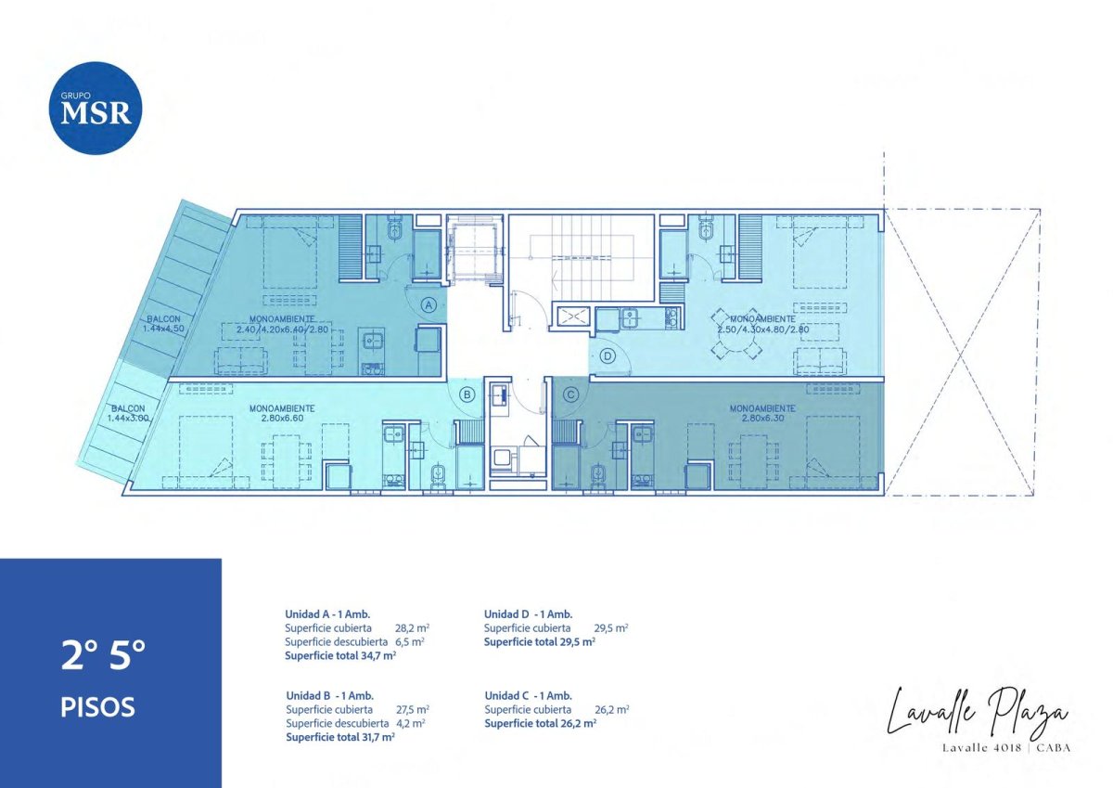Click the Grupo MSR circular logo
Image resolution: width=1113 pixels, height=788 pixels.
pyautogui.click(x=96, y=108)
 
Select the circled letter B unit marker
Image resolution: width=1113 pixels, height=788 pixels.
pyautogui.click(x=467, y=394)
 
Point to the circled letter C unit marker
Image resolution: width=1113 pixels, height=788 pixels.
pyautogui.click(x=571, y=394)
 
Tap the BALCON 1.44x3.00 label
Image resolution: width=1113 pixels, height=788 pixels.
pyautogui.click(x=128, y=414)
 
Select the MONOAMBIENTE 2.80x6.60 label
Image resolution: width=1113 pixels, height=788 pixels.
pyautogui.click(x=281, y=413)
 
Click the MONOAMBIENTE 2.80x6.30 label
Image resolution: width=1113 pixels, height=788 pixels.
pyautogui.click(x=761, y=413)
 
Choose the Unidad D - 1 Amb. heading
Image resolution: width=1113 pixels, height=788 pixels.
pyautogui.click(x=528, y=614)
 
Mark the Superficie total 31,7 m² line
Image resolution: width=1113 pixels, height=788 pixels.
pyautogui.click(x=340, y=737)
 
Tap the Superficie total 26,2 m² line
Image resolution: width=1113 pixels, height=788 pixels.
pyautogui.click(x=540, y=723)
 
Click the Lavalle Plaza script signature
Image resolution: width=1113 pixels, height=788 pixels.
pyautogui.click(x=977, y=710)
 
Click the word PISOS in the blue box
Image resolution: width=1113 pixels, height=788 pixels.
pyautogui.click(x=97, y=707)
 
